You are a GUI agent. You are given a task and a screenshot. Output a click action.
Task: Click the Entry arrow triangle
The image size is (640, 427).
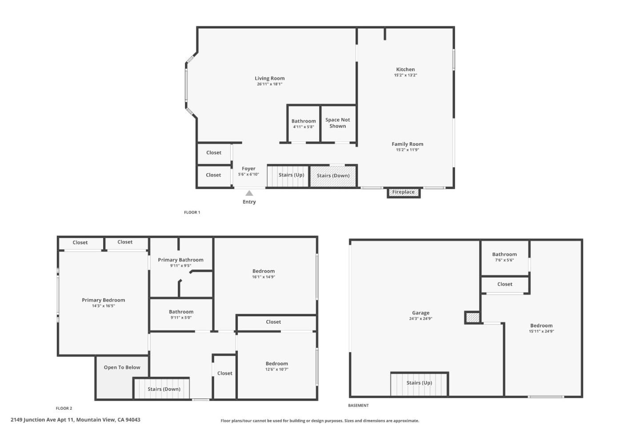(x=249, y=193)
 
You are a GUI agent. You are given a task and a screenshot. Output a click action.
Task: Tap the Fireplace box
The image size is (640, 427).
(x=404, y=193)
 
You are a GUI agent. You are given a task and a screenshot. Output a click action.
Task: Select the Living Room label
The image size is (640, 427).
(x=270, y=78)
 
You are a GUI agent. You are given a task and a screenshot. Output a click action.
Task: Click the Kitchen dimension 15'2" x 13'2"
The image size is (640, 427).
(x=405, y=75)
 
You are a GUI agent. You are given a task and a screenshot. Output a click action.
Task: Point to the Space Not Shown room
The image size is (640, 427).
(x=338, y=123)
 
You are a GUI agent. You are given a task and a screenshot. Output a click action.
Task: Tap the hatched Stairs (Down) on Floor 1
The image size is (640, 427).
(x=333, y=176)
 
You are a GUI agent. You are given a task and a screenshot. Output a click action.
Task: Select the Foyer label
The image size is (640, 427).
(x=248, y=169)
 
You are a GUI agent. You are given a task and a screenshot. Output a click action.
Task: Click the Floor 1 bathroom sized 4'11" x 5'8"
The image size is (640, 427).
(x=304, y=124)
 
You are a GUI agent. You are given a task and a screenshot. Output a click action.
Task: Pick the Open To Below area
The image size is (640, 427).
(x=122, y=367)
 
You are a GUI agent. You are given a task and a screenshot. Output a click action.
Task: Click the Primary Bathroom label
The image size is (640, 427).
(x=180, y=260)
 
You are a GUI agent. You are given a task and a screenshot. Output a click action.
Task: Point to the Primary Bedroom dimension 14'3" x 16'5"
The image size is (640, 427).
(x=104, y=306)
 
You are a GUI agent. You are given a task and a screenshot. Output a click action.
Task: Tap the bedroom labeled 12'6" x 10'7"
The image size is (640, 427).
(x=277, y=366)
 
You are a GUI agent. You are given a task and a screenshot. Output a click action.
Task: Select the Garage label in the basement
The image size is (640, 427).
(x=420, y=313)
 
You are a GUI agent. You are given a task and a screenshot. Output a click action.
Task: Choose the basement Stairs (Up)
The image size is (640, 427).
(x=419, y=383)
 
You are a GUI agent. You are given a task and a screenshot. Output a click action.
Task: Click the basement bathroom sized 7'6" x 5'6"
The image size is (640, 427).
(x=504, y=257)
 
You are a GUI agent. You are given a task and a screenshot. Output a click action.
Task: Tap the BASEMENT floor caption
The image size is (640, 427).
(x=358, y=405)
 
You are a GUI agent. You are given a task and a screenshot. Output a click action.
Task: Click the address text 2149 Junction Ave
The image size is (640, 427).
(x=76, y=419)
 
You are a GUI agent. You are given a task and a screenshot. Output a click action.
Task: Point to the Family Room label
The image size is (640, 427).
(x=407, y=144)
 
